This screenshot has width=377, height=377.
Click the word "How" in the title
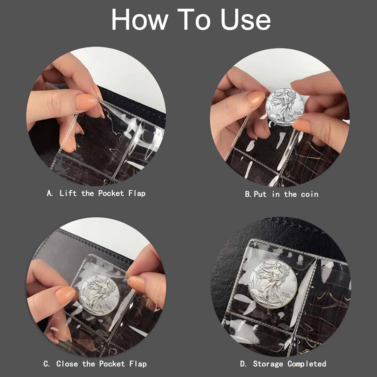tap(140, 20)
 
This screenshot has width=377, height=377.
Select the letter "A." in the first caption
tap(50, 193)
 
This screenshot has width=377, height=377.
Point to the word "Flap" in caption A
tap(137, 194)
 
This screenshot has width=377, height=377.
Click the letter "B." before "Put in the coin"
tap(248, 194)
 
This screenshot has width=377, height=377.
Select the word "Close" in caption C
tap(67, 364)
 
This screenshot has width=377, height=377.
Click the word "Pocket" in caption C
tap(112, 364)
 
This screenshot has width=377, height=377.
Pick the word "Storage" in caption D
tap(268, 364)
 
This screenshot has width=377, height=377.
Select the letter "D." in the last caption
tap(243, 364)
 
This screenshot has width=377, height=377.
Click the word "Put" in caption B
tap(260, 194)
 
